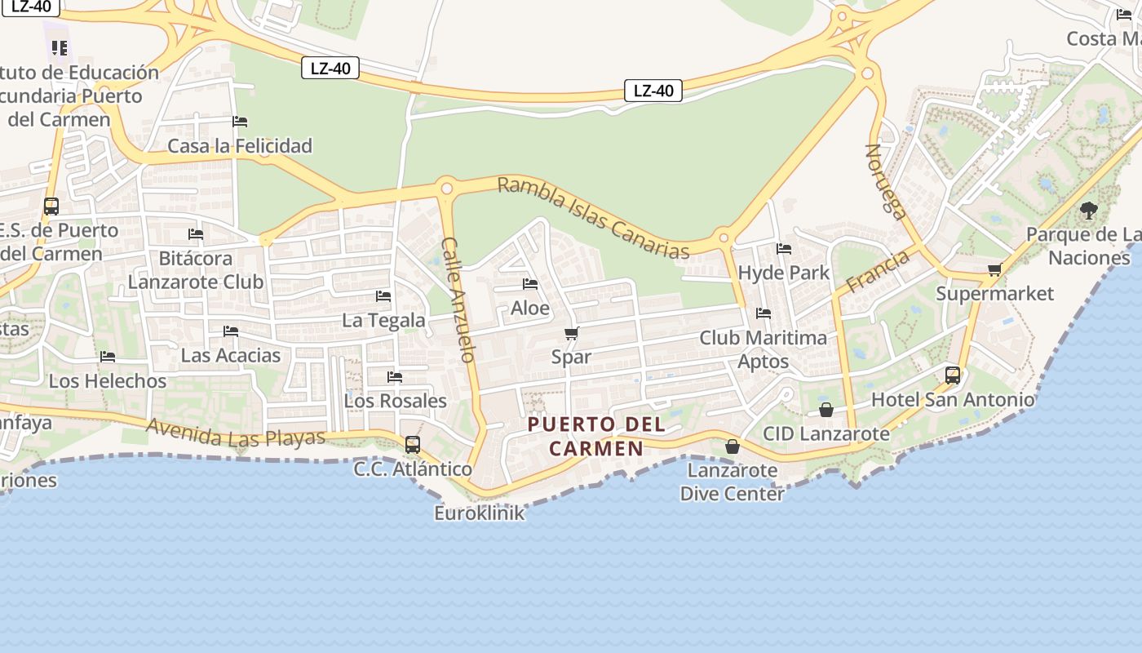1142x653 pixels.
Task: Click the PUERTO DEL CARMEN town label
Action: (596, 436)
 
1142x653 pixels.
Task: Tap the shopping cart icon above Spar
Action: (571, 333)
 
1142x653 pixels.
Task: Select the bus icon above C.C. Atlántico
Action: (413, 445)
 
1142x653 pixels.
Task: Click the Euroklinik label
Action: (479, 513)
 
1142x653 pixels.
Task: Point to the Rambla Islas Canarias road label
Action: (594, 218)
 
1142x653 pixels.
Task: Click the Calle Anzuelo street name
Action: (458, 300)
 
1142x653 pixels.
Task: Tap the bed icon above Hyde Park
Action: (784, 249)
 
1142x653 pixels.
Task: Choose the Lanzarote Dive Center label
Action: (732, 482)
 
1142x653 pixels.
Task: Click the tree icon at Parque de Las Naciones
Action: (1088, 211)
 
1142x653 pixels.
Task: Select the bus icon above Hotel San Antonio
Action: (953, 375)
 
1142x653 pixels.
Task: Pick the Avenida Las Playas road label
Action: (236, 433)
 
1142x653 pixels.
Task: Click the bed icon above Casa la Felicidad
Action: (240, 122)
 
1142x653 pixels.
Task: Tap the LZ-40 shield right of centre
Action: (653, 91)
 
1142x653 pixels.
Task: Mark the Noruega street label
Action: (886, 182)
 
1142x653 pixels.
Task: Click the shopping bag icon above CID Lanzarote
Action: (826, 410)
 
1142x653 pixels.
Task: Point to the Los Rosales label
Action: (395, 401)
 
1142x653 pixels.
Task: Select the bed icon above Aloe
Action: (530, 284)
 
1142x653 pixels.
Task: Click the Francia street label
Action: (877, 273)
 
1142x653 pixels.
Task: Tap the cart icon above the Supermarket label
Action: (994, 270)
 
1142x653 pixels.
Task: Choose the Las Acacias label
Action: (230, 355)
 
